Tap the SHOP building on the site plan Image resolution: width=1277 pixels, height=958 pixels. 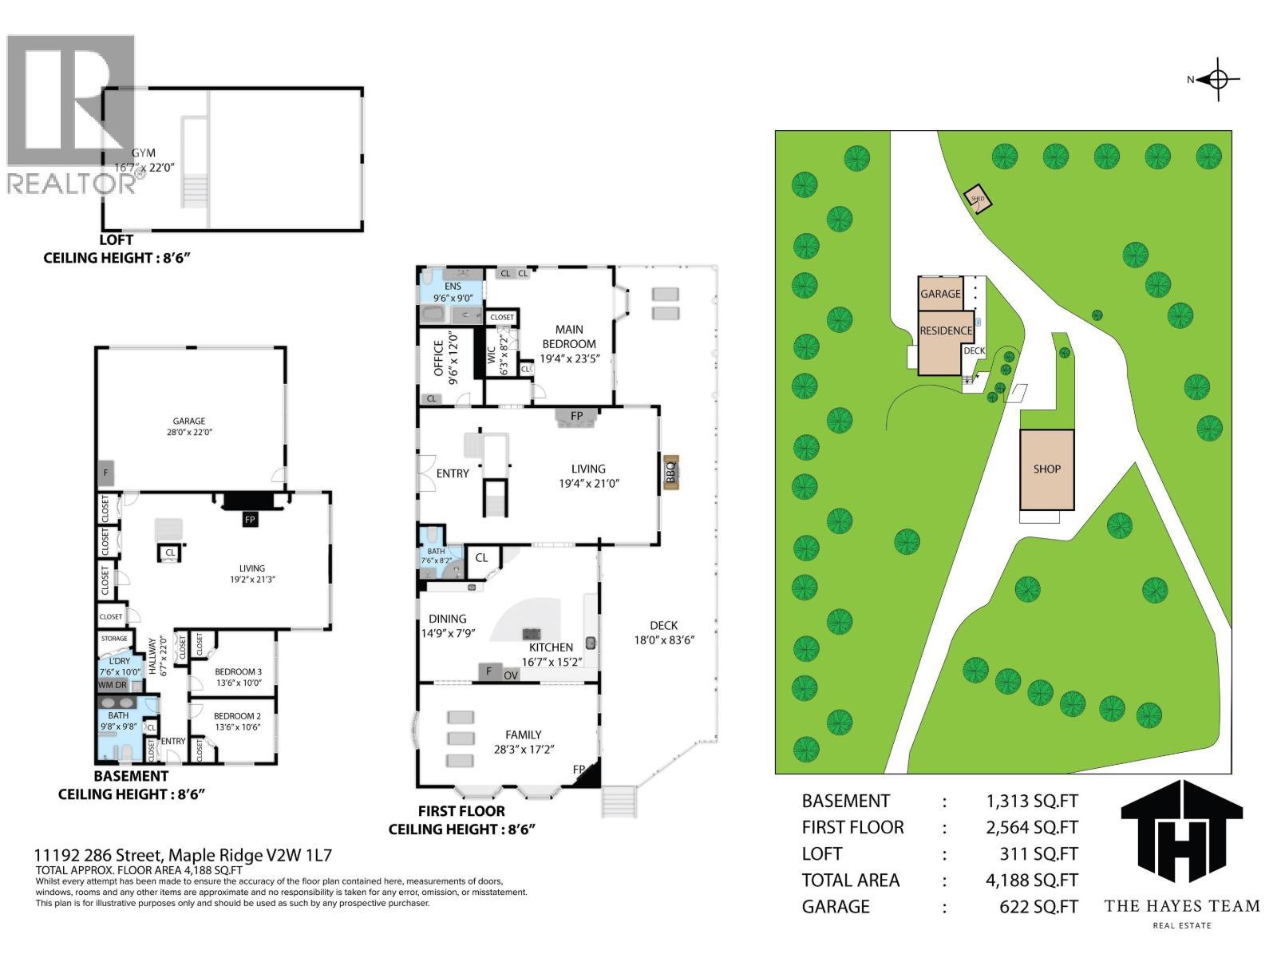1046,469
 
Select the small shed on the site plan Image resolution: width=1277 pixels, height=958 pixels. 978,199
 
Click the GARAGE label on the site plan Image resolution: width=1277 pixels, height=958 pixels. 940,294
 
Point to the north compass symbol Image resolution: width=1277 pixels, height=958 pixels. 1217,79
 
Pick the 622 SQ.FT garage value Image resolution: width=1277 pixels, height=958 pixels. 1038,907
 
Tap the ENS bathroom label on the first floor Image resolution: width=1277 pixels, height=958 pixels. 453,287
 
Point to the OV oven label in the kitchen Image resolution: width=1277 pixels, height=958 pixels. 511,675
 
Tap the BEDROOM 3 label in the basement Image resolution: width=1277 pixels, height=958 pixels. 237,671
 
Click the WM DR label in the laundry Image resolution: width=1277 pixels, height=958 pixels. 113,685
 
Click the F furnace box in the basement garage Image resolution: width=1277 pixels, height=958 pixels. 105,473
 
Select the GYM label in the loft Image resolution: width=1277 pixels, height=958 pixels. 144,152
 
